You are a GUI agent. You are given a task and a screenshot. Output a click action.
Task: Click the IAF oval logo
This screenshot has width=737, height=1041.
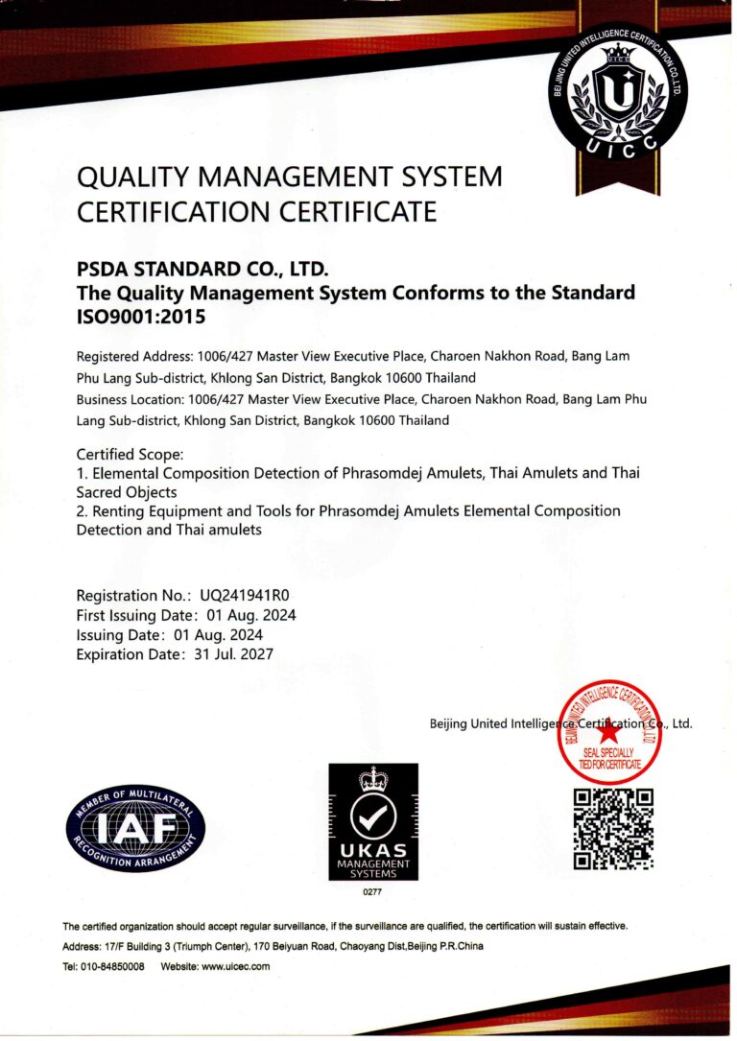[x=135, y=826]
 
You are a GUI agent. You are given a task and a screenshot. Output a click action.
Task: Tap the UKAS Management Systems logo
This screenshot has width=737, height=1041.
[x=373, y=821]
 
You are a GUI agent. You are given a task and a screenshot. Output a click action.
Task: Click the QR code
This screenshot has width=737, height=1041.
[x=613, y=829]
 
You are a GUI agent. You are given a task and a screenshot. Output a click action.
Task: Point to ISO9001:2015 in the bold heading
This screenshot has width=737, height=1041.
[x=141, y=315]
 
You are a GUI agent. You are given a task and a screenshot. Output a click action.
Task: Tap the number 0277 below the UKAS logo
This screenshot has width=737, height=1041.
[x=372, y=893]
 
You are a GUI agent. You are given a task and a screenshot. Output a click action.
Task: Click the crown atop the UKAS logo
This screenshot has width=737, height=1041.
[x=373, y=778]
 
